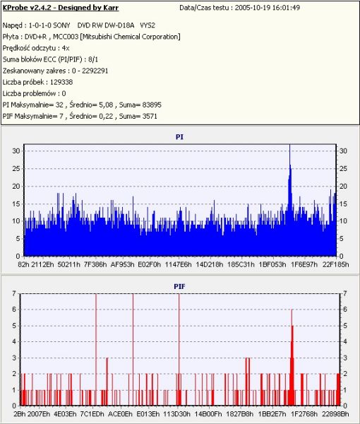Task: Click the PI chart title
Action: (179, 137)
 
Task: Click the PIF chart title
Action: (179, 286)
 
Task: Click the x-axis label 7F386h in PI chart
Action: (95, 264)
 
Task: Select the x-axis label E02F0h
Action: (150, 264)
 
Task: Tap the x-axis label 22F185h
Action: (336, 264)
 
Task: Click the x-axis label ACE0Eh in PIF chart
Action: (120, 414)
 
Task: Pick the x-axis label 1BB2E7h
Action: (272, 414)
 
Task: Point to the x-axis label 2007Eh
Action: (39, 414)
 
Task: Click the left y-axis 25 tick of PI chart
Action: (16, 168)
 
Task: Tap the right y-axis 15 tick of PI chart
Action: (343, 204)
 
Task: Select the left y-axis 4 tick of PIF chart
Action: (14, 341)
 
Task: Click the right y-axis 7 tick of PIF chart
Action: (345, 293)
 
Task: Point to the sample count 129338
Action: (61, 82)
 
